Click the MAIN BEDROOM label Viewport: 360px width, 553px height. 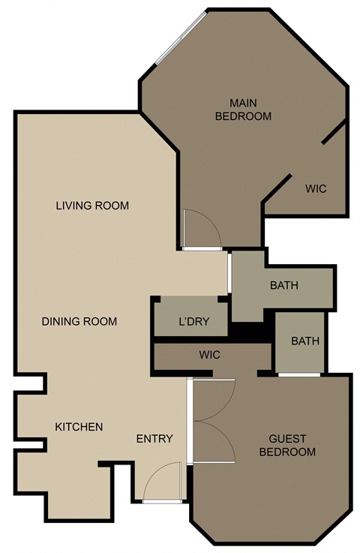(x=242, y=109)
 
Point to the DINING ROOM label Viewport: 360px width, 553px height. (x=79, y=321)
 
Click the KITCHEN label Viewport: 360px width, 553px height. (x=79, y=427)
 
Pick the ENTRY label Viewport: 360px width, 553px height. (x=154, y=439)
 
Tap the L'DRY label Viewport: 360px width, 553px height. (x=193, y=323)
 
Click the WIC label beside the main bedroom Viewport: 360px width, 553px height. (x=316, y=188)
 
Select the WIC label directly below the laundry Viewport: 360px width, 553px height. (x=210, y=355)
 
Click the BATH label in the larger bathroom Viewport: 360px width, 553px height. (x=284, y=285)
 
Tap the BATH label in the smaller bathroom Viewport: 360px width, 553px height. (x=305, y=341)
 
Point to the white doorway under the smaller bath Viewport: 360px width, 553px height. (x=299, y=374)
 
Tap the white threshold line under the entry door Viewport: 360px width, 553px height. (x=162, y=500)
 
